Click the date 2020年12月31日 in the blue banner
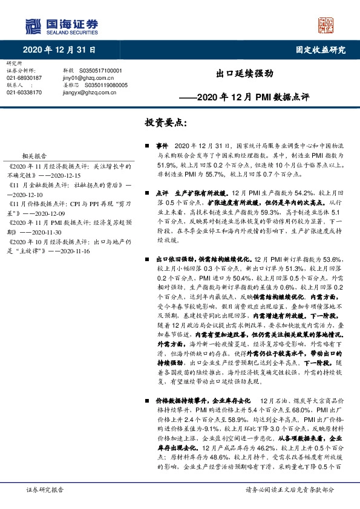click(60, 50)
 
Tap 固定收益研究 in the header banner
click(321, 50)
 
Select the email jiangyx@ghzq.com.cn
click(91, 92)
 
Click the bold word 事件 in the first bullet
click(162, 146)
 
